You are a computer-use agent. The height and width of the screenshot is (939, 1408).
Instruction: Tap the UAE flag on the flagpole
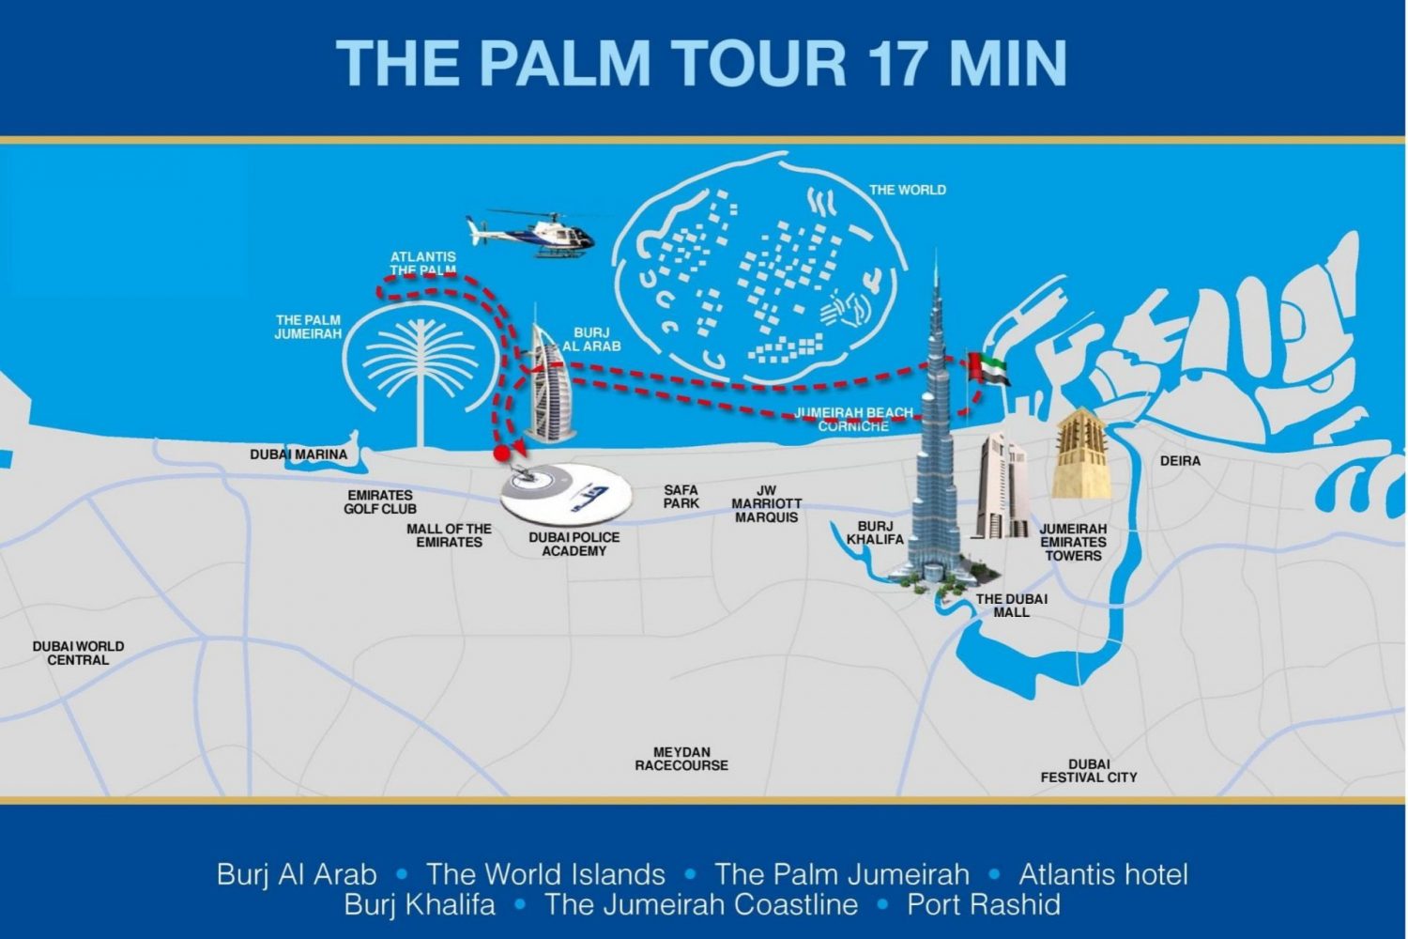[987, 367]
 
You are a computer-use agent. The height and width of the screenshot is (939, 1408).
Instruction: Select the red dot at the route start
[501, 454]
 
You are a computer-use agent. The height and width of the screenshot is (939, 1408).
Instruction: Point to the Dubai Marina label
[298, 454]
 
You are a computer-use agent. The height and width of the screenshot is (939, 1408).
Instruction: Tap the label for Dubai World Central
[78, 654]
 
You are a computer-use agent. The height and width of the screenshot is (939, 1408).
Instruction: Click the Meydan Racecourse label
[681, 759]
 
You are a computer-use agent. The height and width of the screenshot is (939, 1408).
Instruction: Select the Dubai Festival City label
[1089, 771]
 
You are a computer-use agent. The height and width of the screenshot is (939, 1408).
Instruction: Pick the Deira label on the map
[1180, 461]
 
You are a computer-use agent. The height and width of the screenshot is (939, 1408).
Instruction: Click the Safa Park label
[681, 497]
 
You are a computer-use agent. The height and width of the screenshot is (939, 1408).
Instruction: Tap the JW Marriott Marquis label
[767, 504]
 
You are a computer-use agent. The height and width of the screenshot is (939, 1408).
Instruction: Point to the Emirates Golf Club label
[380, 502]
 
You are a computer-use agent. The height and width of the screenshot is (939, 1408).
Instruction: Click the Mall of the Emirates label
[449, 535]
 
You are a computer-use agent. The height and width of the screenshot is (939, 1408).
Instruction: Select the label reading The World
[908, 190]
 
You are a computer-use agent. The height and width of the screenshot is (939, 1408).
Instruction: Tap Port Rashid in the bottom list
[984, 904]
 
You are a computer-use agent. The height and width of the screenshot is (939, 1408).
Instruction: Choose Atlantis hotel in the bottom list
[1103, 874]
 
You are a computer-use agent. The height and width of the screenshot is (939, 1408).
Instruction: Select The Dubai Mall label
[1012, 606]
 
